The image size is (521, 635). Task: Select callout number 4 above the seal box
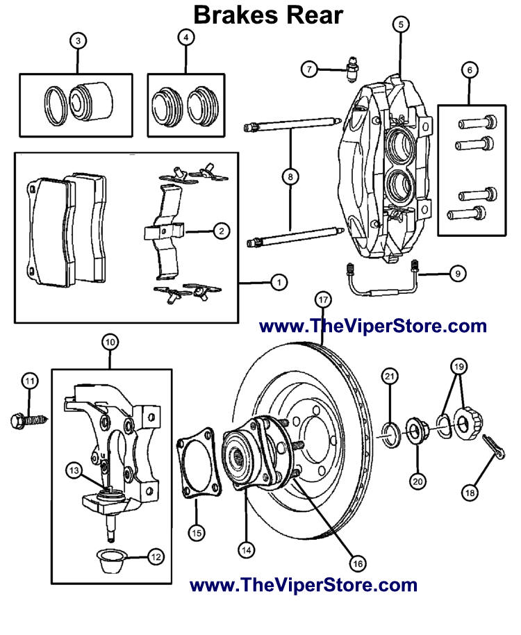pyautogui.click(x=185, y=39)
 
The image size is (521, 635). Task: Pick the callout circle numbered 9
pyautogui.click(x=456, y=274)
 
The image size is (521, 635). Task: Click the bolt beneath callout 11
pyautogui.click(x=28, y=420)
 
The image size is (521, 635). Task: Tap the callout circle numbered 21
pyautogui.click(x=390, y=377)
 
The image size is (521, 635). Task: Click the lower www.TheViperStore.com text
pyautogui.click(x=304, y=585)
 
